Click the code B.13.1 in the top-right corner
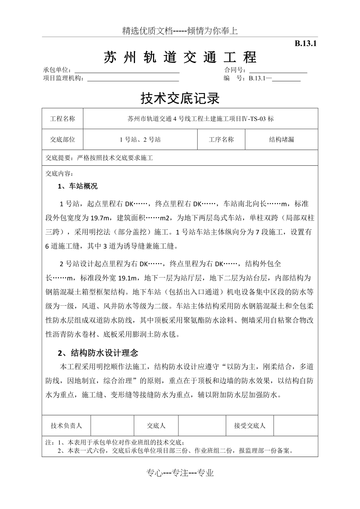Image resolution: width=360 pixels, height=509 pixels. click(305, 44)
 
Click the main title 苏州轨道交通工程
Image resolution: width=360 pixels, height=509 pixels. click(180, 57)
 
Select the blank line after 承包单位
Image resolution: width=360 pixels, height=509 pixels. click(127, 71)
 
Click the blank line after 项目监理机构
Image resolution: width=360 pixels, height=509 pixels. click(133, 79)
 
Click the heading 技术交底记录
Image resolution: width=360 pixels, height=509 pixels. click(180, 99)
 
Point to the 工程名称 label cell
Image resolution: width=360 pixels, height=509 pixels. click(63, 119)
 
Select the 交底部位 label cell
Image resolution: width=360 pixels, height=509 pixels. click(63, 140)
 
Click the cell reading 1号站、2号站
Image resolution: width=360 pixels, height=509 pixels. click(140, 140)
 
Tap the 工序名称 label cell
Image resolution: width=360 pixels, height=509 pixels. click(221, 140)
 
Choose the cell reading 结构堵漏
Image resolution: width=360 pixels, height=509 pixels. click(281, 140)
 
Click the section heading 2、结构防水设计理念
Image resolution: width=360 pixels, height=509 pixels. click(98, 353)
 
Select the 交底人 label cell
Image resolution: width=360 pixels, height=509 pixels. click(156, 426)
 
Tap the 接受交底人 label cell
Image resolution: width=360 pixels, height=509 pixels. click(250, 426)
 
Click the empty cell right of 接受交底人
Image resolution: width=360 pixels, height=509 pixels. click(295, 426)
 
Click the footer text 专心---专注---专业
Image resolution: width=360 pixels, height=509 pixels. click(180, 473)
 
